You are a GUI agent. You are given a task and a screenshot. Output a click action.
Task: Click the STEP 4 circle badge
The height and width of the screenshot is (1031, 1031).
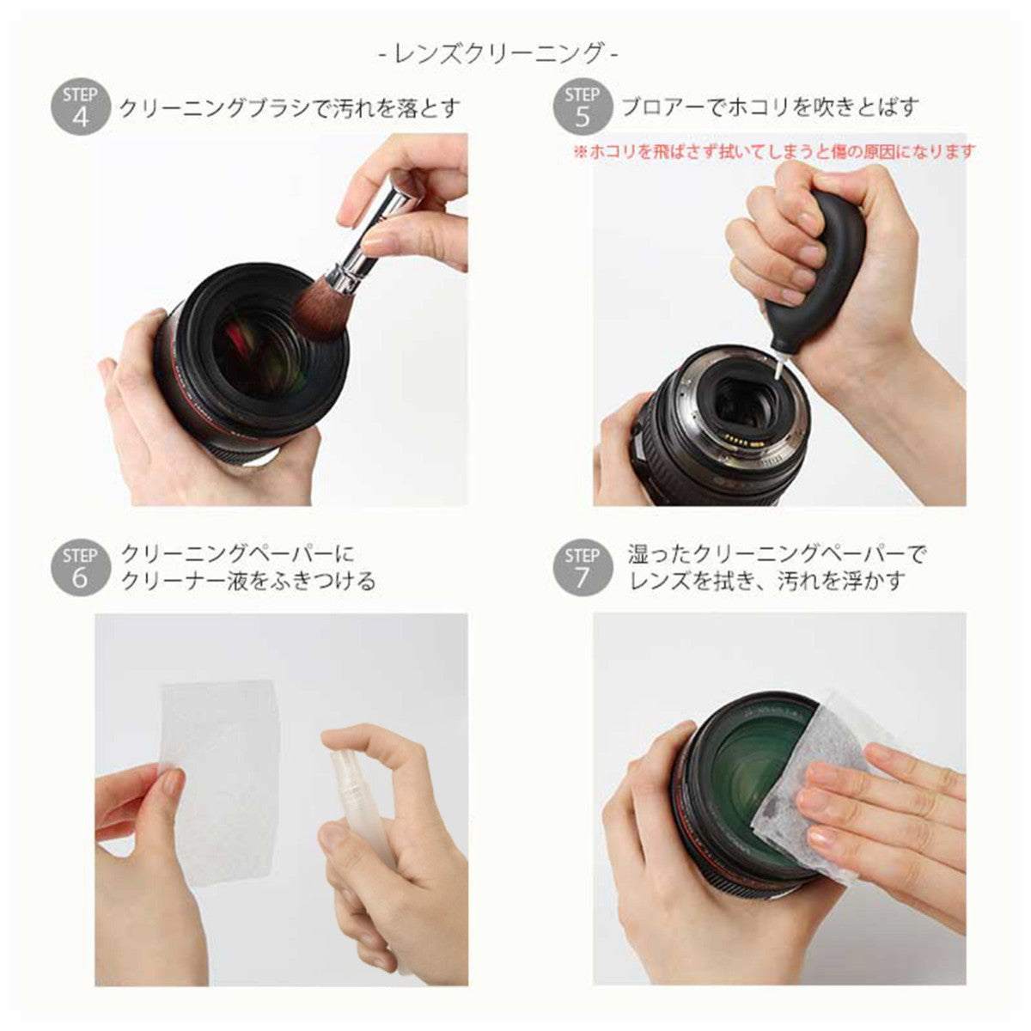(x=80, y=107)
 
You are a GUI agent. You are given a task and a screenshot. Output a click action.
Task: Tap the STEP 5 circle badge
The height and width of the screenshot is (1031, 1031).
(x=583, y=107)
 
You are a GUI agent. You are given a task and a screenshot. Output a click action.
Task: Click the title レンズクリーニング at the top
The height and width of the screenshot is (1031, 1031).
(x=498, y=53)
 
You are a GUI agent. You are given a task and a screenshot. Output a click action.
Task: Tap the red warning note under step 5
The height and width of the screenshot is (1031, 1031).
(x=774, y=152)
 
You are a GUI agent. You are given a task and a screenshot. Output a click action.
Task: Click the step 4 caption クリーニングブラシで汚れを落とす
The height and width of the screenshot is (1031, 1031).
(x=290, y=108)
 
